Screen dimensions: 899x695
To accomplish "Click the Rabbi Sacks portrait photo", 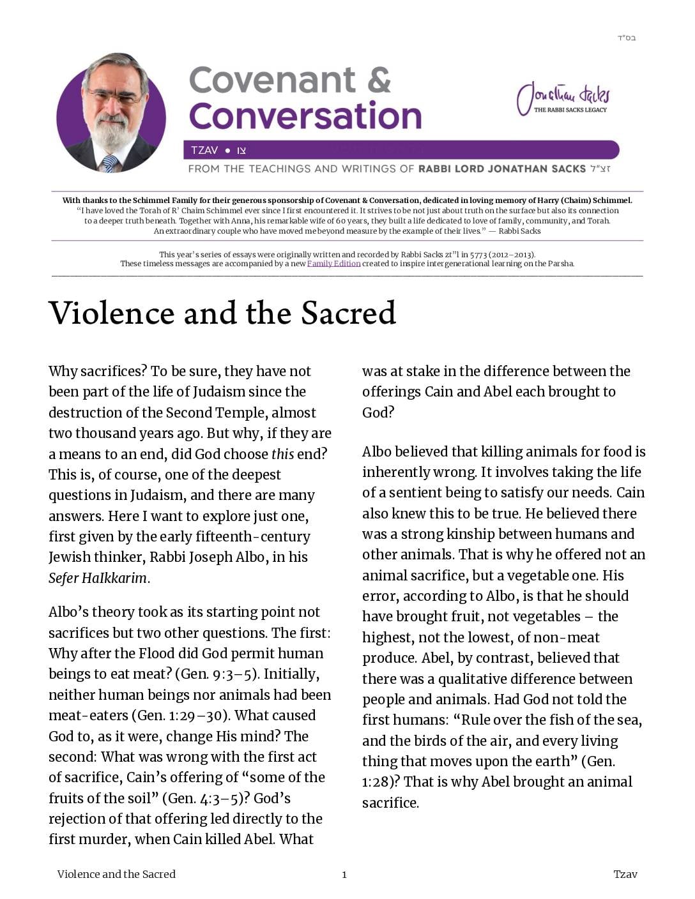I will pos(111,114).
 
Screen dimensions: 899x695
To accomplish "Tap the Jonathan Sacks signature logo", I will pos(563,98).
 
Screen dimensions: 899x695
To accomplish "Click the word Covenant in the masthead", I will pos(272,80).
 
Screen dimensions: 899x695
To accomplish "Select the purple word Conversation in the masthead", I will pos(305,116).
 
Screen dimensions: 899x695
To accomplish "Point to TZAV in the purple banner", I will pos(204,151).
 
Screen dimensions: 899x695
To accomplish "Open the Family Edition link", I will pos(333,264).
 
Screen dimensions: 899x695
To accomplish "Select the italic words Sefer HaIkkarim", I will pos(98,578).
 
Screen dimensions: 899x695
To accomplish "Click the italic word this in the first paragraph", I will pos(282,454).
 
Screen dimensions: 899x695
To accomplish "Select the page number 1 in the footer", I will pos(344,875).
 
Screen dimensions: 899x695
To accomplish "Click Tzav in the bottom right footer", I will pos(625,874).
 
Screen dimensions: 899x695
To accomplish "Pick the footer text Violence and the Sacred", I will pos(116,874).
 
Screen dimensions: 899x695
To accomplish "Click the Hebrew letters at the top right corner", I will pos(626,38).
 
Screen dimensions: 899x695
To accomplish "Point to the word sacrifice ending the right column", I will pos(390,803).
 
